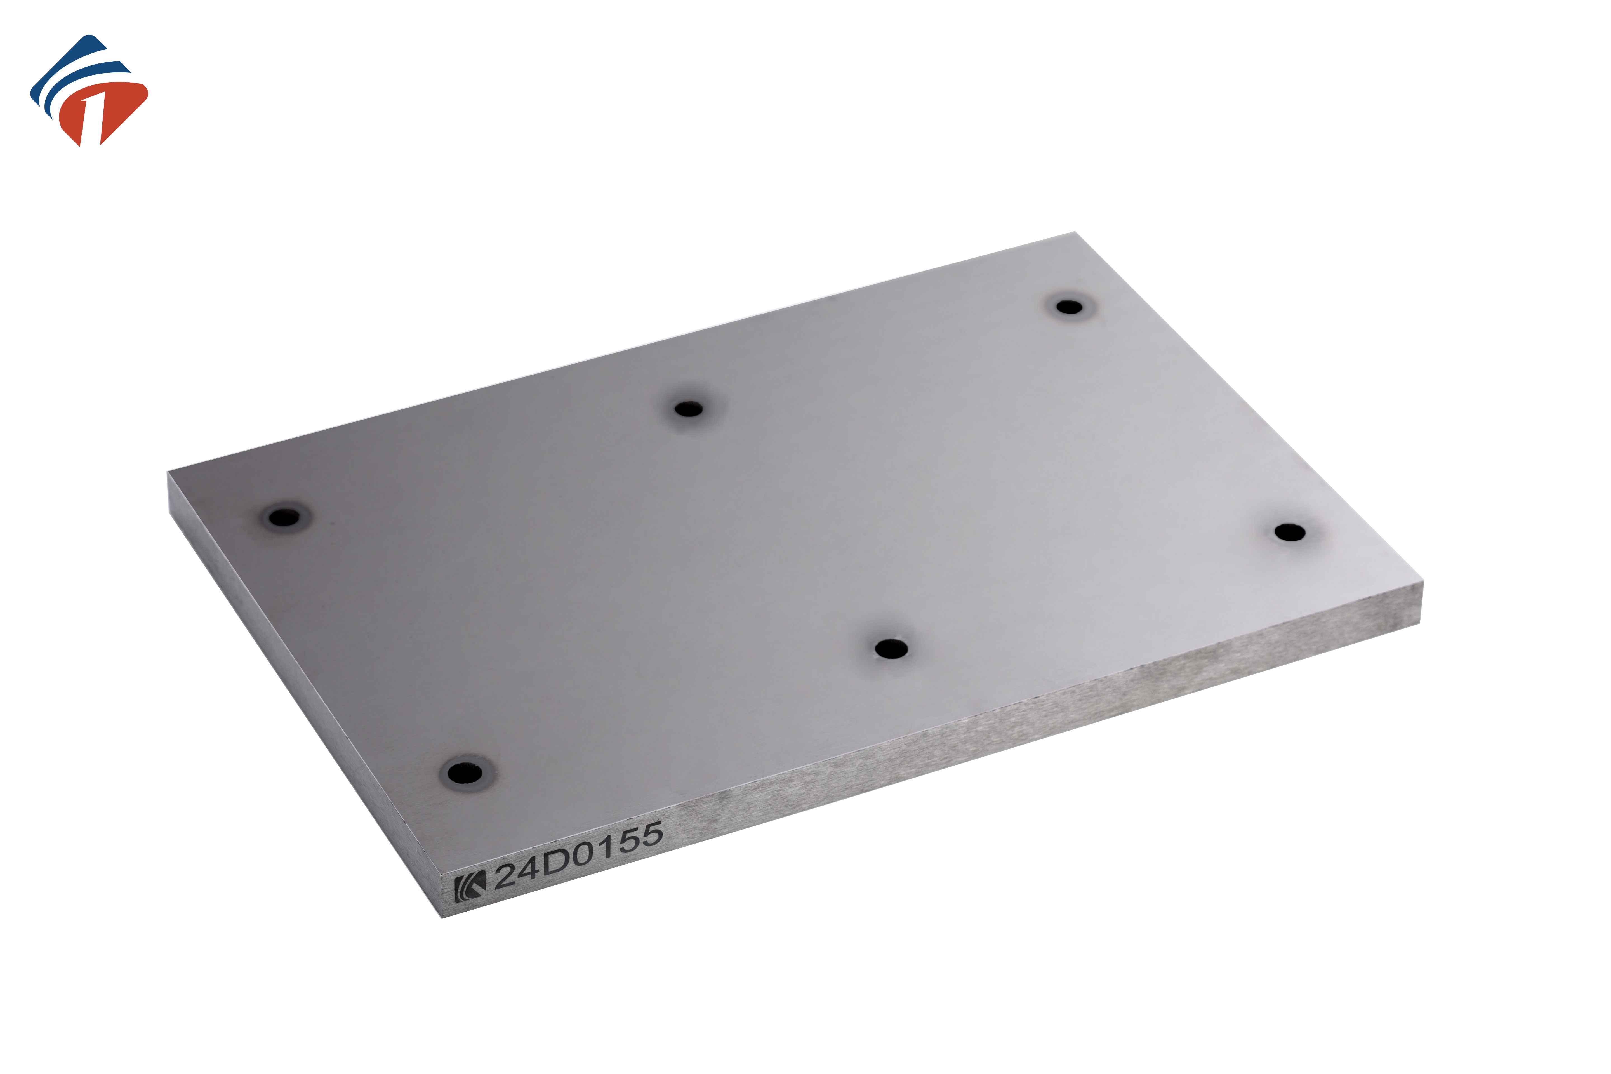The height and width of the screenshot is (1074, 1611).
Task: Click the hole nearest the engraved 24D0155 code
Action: pos(465,772)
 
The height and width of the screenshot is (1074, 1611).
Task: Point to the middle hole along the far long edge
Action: pos(688,409)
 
